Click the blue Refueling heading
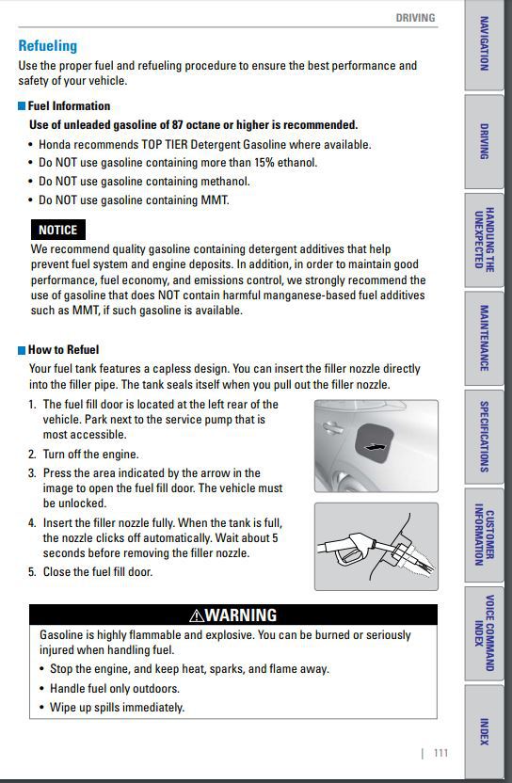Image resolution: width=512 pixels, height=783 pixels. pyautogui.click(x=48, y=46)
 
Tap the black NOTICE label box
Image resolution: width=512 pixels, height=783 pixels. pyautogui.click(x=58, y=230)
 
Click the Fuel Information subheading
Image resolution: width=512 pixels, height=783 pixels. pyautogui.click(x=69, y=105)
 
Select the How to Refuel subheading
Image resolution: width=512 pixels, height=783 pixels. pyautogui.click(x=63, y=349)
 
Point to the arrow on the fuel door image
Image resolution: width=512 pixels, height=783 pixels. pyautogui.click(x=376, y=446)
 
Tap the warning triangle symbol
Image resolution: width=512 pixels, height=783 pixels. pyautogui.click(x=197, y=615)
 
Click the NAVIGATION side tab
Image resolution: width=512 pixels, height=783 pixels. pyautogui.click(x=484, y=44)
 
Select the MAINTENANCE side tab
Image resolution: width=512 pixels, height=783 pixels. pyautogui.click(x=484, y=338)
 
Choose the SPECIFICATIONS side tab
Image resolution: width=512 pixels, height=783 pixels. pyautogui.click(x=484, y=437)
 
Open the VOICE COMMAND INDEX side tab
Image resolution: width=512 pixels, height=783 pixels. pyautogui.click(x=484, y=632)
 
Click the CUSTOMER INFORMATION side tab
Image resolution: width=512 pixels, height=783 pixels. pyautogui.click(x=484, y=535)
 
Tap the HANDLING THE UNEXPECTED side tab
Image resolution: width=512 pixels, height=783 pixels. pyautogui.click(x=484, y=240)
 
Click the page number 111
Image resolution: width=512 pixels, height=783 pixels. pyautogui.click(x=440, y=753)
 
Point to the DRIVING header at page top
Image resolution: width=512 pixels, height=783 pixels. pyautogui.click(x=415, y=18)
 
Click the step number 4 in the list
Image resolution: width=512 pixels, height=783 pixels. pyautogui.click(x=32, y=523)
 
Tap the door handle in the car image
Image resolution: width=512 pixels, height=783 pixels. pyautogui.click(x=331, y=427)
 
